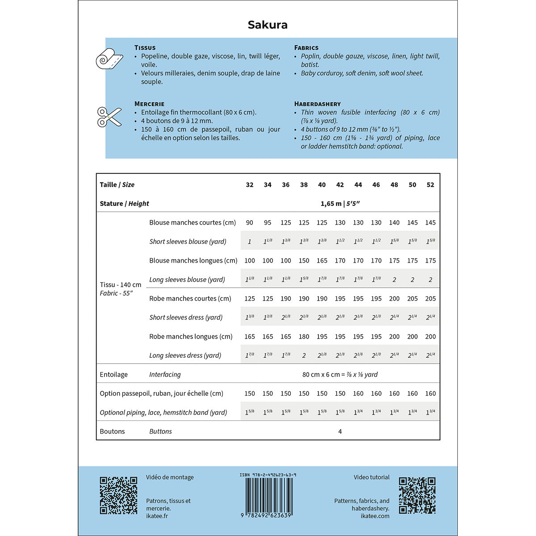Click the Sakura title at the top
268,25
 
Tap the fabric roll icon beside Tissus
109,59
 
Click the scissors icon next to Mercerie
109,117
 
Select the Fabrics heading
306,48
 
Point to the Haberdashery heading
317,104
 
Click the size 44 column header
358,185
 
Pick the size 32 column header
250,185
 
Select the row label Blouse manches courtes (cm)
193,222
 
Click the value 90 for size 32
250,222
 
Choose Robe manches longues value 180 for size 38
304,337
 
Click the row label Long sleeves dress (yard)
185,356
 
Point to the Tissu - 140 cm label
121,285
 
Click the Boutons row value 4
340,431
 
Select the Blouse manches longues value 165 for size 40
322,261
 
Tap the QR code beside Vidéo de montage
118,495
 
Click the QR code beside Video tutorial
417,495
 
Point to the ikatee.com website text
375,516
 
